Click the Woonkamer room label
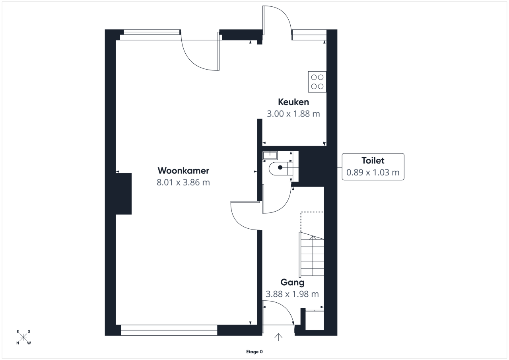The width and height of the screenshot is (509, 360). click(x=183, y=171)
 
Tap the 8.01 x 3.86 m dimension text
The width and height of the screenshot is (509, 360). click(x=183, y=183)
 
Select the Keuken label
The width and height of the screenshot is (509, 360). click(x=293, y=102)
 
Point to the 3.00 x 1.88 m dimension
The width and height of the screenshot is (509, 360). click(x=293, y=114)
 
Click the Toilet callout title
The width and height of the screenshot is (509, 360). click(x=373, y=161)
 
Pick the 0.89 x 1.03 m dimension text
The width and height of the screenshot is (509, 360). click(x=373, y=173)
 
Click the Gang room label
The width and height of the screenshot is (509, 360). click(x=292, y=282)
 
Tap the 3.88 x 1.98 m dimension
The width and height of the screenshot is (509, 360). click(x=292, y=294)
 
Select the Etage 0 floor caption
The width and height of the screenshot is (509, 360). click(x=254, y=352)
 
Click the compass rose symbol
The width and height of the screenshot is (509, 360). click(x=23, y=337)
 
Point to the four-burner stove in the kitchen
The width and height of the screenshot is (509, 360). click(x=317, y=82)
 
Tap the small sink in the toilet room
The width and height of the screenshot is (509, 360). click(x=270, y=156)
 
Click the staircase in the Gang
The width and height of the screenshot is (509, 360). click(x=311, y=255)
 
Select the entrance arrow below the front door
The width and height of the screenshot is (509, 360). click(x=278, y=337)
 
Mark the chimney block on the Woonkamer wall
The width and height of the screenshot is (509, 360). click(x=124, y=194)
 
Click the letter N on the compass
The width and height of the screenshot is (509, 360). click(x=18, y=343)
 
